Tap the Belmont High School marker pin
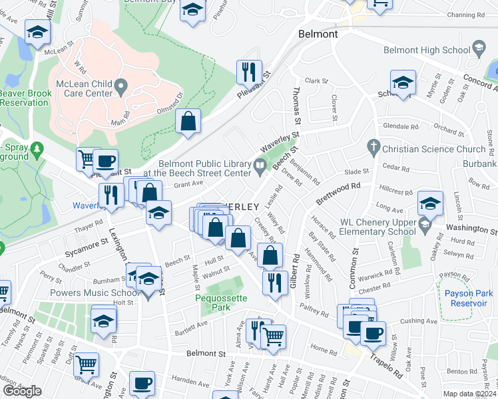478,48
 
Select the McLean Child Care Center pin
121,84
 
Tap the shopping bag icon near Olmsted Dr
188,121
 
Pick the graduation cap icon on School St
403,83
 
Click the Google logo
22,391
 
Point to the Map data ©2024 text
470,394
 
